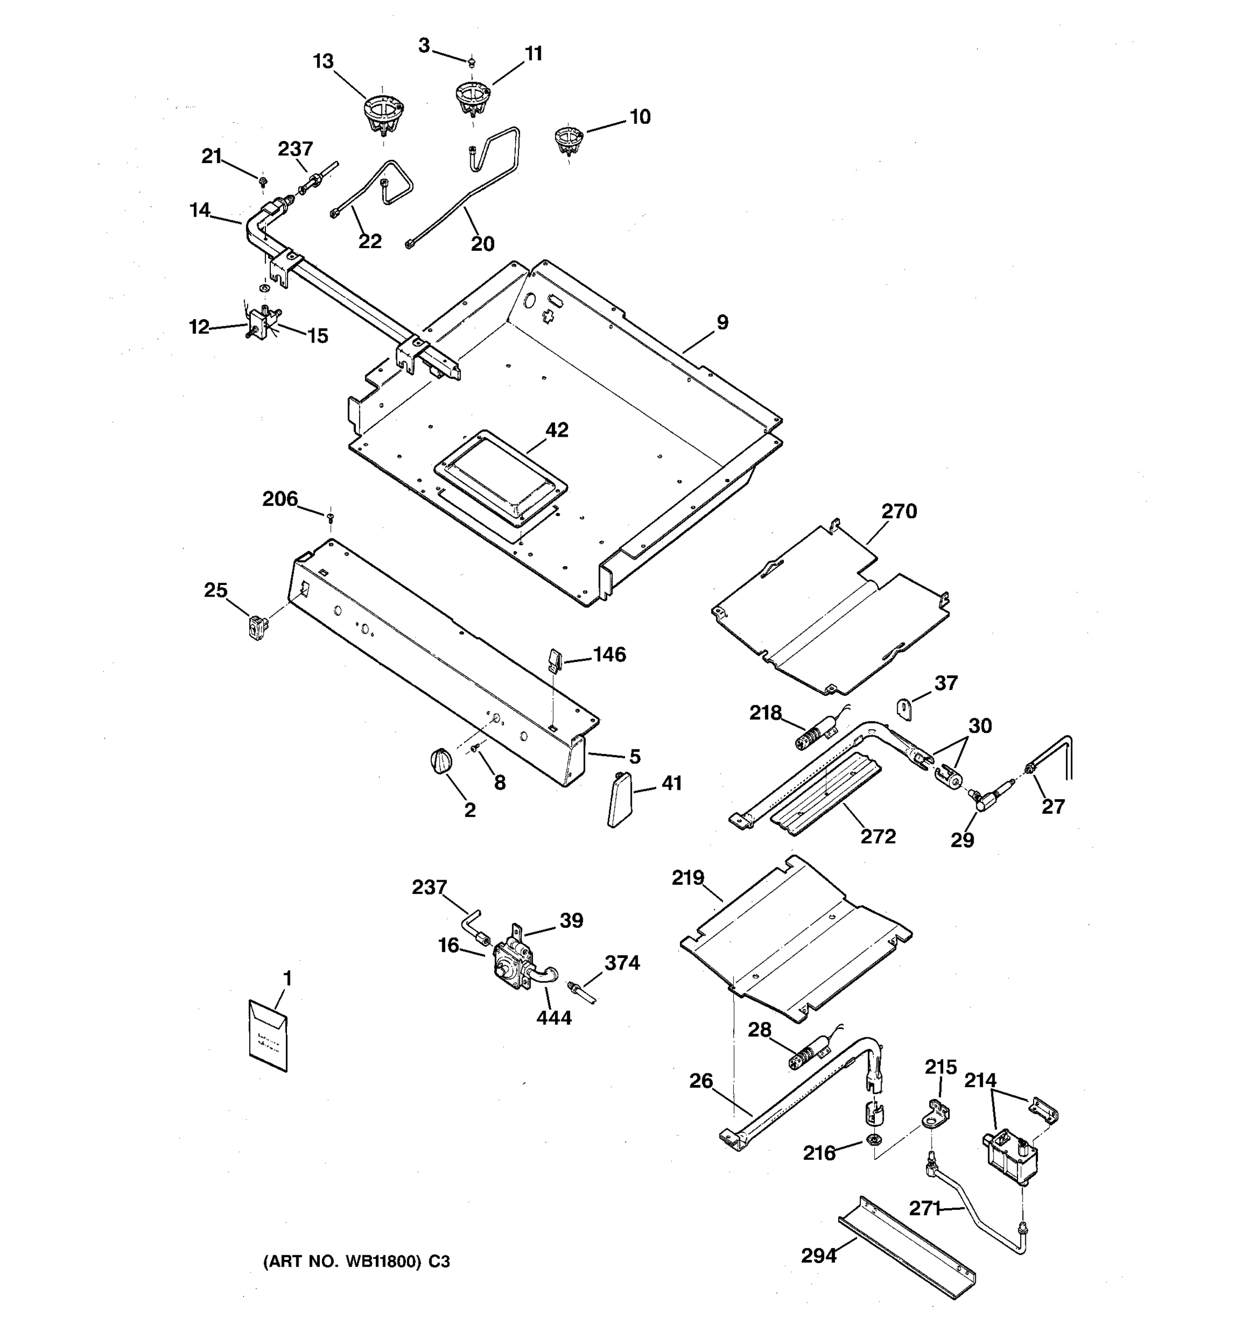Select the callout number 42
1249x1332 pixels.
point(557,430)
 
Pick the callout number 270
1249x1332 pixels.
point(899,512)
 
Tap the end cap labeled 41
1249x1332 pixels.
point(619,799)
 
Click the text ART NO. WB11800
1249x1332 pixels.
point(356,1262)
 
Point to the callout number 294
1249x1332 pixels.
point(819,1255)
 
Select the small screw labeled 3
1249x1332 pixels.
point(472,62)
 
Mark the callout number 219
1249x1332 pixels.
point(688,877)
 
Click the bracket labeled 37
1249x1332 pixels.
point(905,708)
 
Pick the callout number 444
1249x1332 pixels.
point(553,1018)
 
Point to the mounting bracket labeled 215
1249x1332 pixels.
point(938,1114)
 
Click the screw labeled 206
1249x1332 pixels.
point(330,517)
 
